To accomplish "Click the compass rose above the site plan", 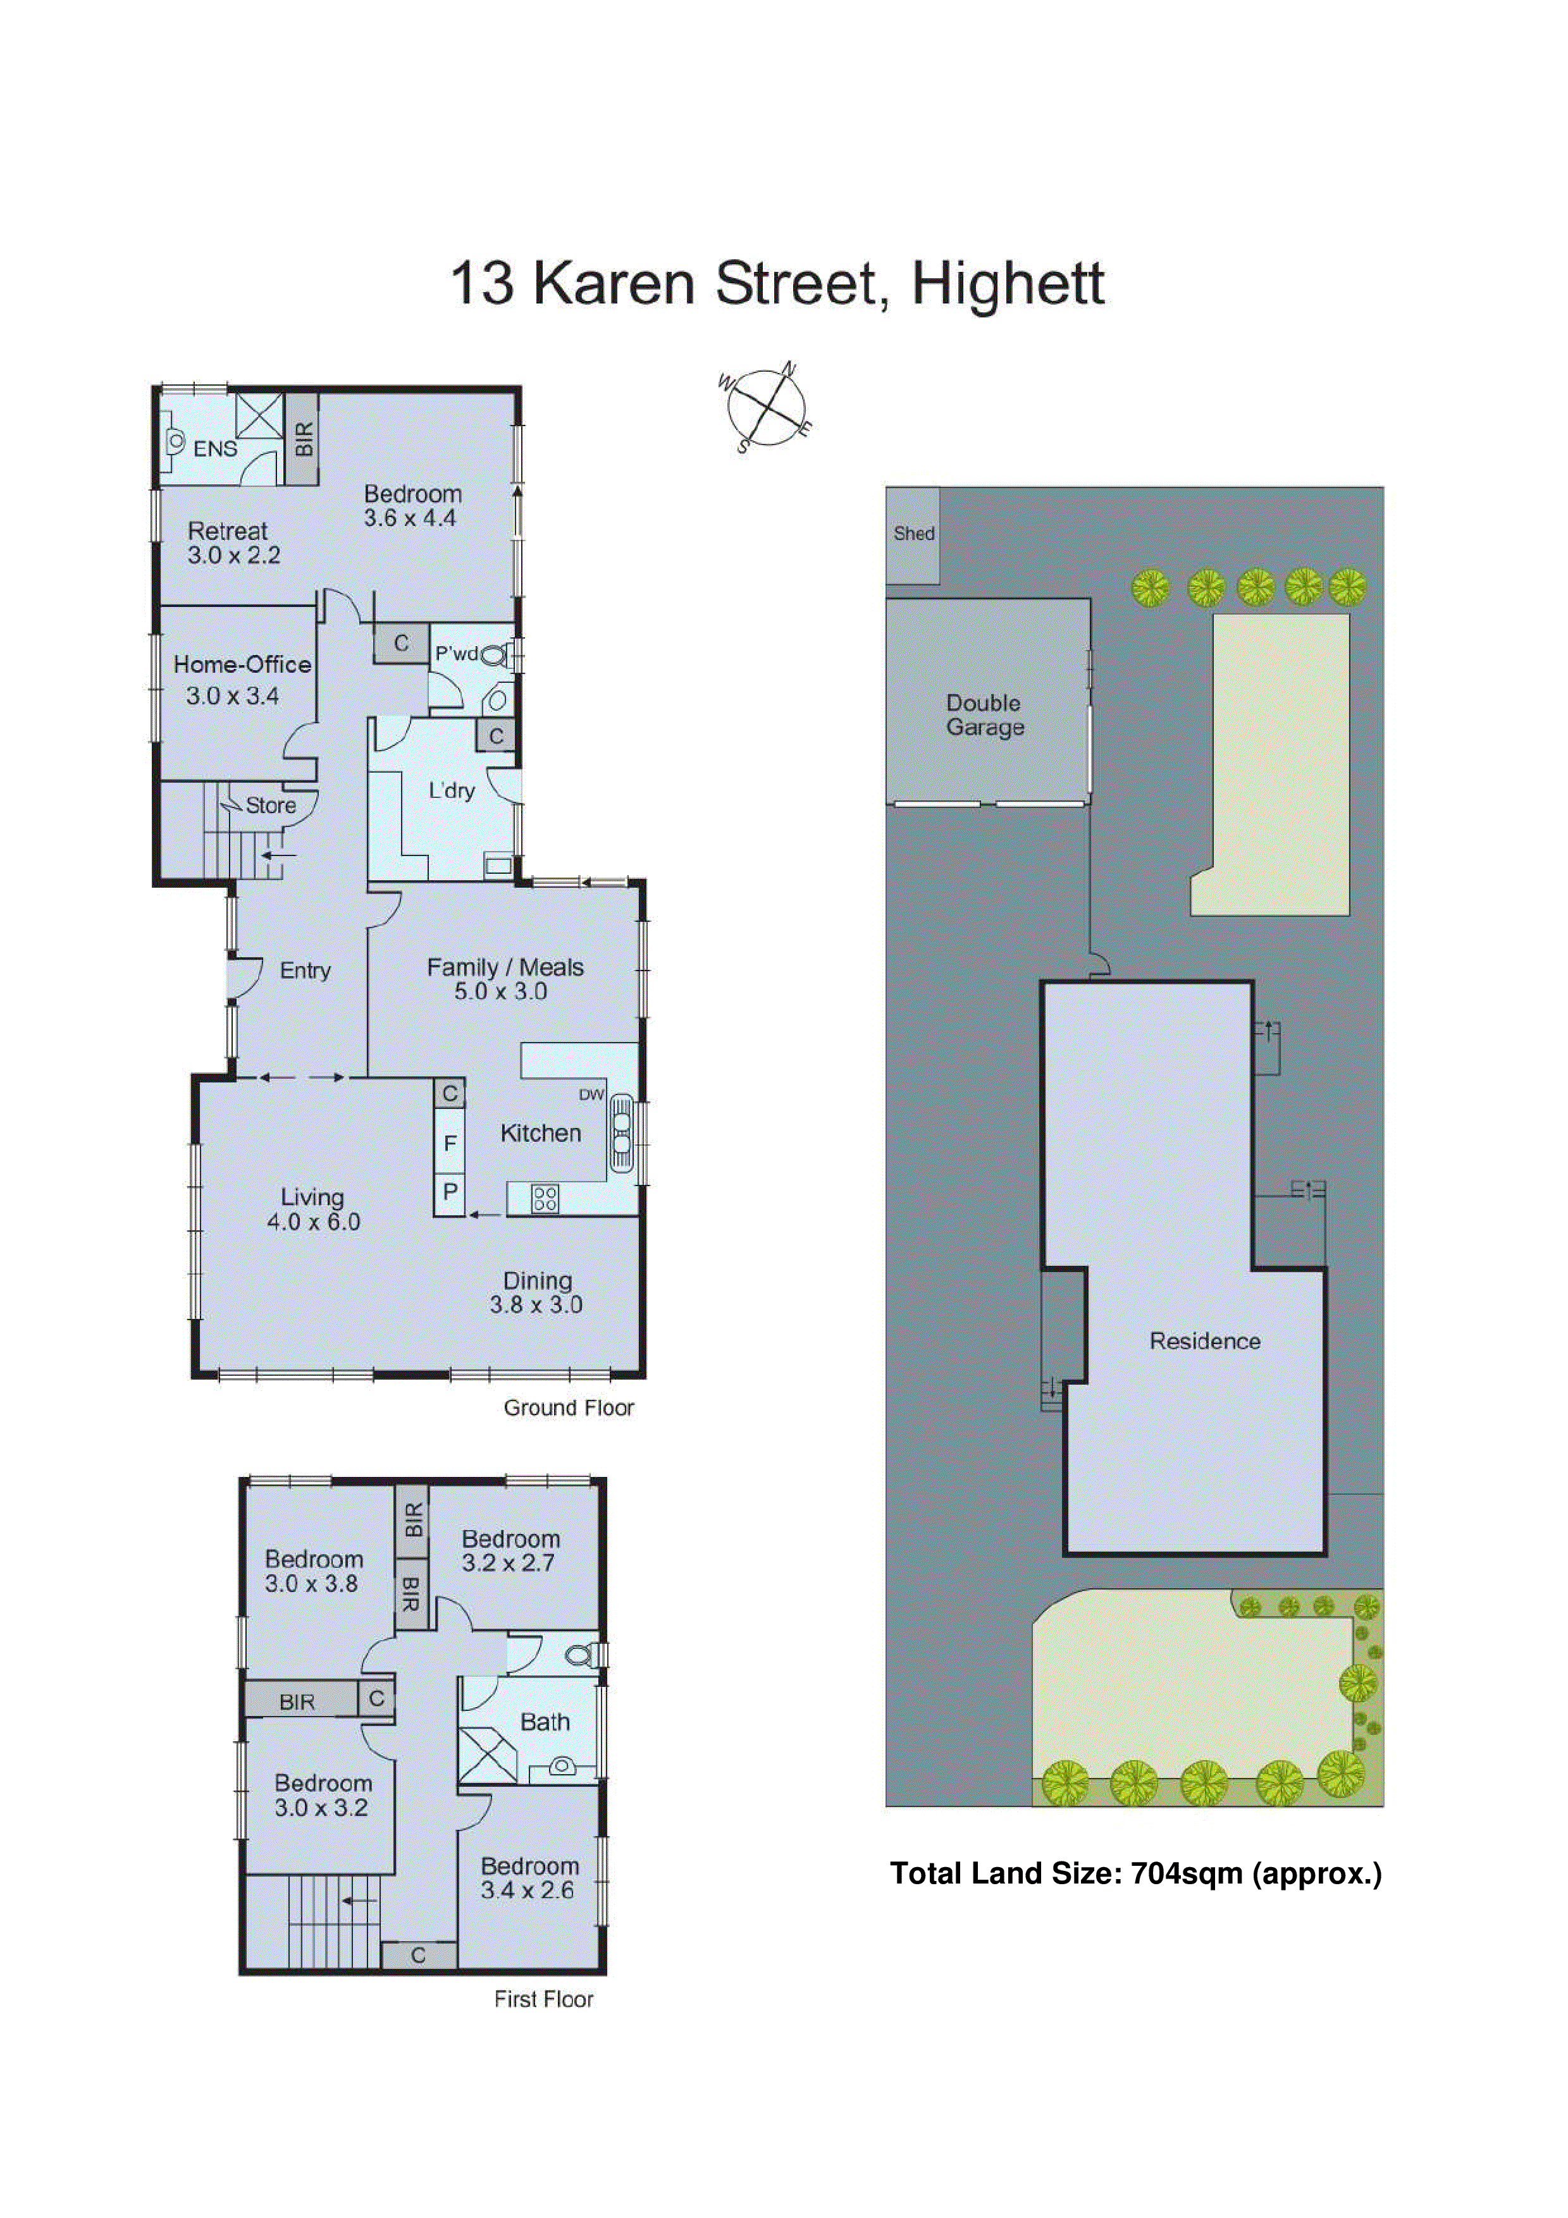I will (765, 408).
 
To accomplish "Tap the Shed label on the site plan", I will (913, 533).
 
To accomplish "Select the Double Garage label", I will (984, 715).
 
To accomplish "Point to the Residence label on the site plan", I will (1205, 1341).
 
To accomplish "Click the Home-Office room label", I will (242, 665).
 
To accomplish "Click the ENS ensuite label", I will (214, 448).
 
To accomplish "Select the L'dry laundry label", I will (451, 790).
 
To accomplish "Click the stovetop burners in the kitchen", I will (545, 1199).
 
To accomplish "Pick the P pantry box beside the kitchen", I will (449, 1192).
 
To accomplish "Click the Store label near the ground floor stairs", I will (271, 806).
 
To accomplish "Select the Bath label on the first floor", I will (545, 1722).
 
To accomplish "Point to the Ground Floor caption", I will (568, 1407).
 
